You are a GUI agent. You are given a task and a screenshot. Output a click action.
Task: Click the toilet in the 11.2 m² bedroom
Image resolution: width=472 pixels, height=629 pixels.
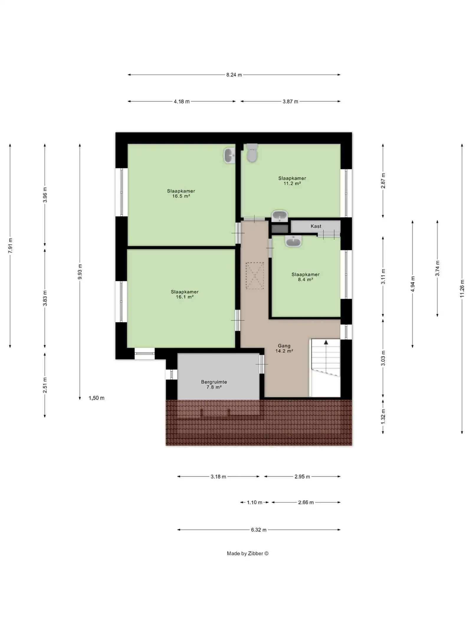point(252,153)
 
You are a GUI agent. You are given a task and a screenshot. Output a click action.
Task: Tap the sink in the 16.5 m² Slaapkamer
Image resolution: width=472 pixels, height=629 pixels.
point(229,156)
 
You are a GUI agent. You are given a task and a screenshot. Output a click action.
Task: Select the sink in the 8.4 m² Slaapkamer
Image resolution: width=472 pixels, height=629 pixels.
point(293,241)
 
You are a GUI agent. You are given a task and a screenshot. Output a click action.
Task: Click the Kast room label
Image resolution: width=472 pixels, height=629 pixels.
point(316,226)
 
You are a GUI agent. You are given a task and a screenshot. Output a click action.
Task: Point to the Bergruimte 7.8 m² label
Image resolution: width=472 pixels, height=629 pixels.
point(214,385)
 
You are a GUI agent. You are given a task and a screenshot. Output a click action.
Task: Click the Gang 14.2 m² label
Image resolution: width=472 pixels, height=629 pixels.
point(284,348)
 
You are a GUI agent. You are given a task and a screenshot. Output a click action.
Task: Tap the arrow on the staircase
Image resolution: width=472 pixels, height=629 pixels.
point(326,342)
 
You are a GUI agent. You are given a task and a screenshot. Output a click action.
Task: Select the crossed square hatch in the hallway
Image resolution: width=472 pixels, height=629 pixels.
point(255,276)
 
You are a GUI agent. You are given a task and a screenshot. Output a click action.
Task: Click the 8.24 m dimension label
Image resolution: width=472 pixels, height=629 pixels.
point(234,75)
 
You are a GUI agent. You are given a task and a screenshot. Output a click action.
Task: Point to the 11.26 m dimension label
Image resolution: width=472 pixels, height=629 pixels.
point(462,289)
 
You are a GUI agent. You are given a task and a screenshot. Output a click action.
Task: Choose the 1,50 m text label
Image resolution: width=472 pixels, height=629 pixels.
point(96,398)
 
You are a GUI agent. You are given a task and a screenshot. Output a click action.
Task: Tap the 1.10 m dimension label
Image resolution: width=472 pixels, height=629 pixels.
point(254,502)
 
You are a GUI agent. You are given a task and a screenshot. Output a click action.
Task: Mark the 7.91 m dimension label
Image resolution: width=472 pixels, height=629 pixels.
point(10,245)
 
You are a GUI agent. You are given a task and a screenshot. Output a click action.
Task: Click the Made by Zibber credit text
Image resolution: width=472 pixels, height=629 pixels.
point(248,554)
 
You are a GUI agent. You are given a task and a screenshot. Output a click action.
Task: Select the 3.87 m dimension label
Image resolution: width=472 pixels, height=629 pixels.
point(290,101)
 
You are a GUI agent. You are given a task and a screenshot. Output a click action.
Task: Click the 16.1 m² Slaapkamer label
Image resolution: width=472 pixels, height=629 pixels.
point(185,294)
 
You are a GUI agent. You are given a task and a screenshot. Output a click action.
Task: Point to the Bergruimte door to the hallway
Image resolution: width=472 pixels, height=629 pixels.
point(261,364)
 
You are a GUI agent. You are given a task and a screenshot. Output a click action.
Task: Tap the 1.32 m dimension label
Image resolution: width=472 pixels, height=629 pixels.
point(383,416)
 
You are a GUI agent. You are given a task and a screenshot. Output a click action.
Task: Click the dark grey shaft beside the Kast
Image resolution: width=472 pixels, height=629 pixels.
point(279,229)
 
